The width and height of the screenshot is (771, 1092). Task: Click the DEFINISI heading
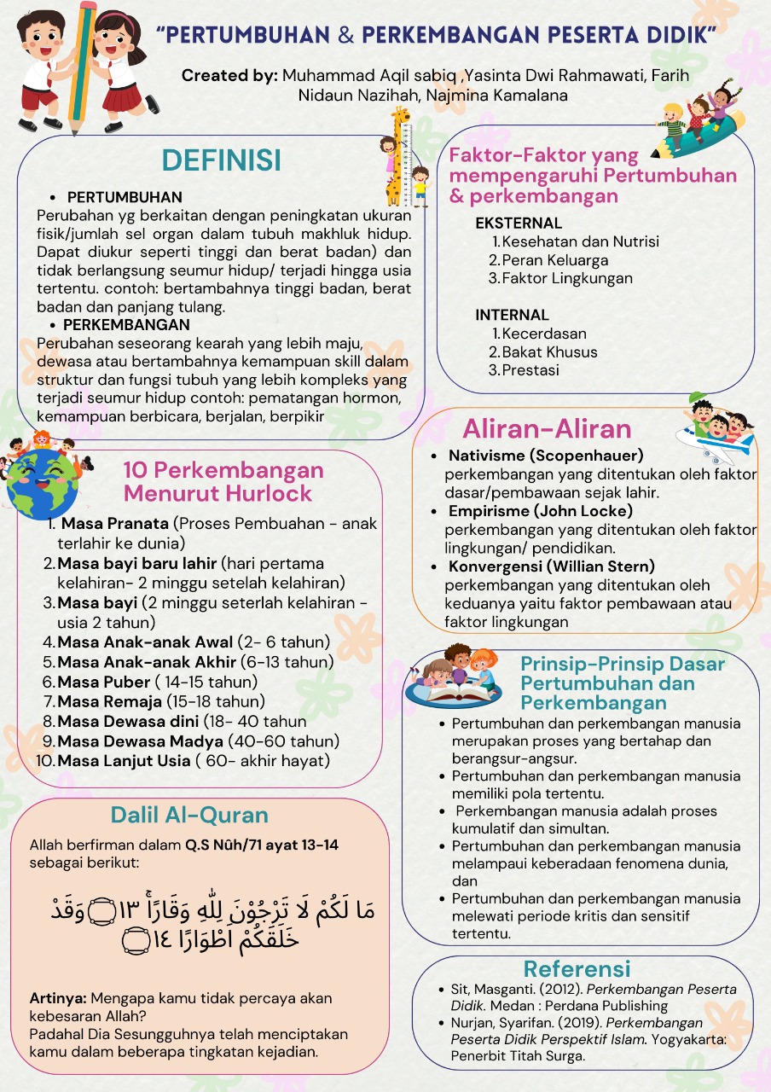coord(221,160)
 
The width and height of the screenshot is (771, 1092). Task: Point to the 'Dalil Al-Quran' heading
coord(189,815)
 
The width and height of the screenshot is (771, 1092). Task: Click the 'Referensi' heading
coord(577,968)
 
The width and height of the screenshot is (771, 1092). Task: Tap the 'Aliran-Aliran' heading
coord(547,428)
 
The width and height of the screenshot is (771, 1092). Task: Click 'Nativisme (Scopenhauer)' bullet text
coord(546,456)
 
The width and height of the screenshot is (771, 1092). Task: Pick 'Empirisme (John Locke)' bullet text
coord(541,511)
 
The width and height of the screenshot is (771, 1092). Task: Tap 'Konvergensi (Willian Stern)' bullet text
coord(553,566)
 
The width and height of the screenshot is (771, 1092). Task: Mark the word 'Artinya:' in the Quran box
coord(58,997)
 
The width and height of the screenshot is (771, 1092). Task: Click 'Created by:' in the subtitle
coord(229,75)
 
